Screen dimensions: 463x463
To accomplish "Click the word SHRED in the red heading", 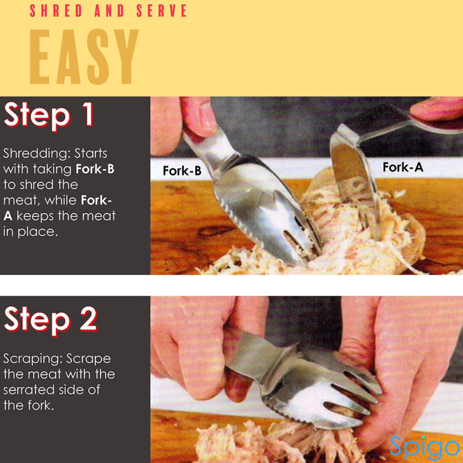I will coord(56,11).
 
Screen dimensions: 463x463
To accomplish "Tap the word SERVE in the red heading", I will coord(161,11).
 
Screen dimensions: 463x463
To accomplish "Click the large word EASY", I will coord(84,57).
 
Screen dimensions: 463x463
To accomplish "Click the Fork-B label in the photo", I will coord(182,171).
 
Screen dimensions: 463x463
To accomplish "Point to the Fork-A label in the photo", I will coord(403,167).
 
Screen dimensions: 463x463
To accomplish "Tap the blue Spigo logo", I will coord(424,447).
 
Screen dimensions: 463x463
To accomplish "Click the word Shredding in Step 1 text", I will coord(36,154).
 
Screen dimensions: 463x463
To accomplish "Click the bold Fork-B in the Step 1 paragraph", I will coord(95,169).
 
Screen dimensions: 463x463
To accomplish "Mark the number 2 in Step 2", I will coord(88,319).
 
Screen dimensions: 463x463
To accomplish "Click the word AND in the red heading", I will coord(109,11).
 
